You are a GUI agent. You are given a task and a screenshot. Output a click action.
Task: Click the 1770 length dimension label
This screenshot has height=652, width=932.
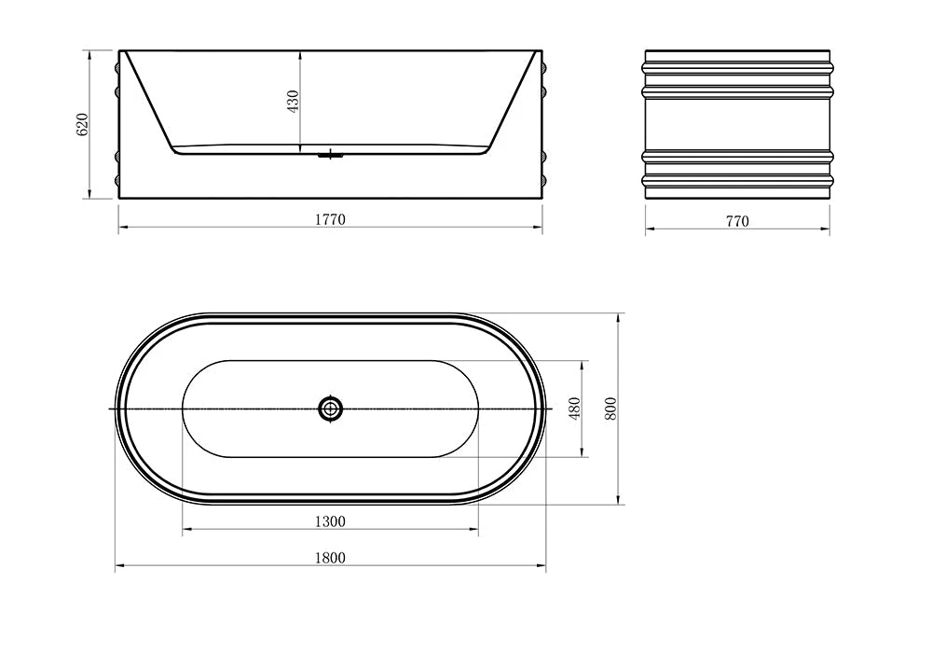click(330, 220)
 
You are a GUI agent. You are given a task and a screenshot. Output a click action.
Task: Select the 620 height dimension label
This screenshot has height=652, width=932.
click(81, 124)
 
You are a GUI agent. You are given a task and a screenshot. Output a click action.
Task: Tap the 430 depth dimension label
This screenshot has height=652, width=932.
click(292, 102)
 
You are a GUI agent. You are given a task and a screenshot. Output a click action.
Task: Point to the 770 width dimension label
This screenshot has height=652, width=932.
click(736, 221)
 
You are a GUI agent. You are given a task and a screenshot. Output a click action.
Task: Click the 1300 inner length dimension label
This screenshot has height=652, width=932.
click(330, 521)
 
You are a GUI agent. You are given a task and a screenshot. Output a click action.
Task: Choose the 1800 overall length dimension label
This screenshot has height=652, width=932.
click(330, 558)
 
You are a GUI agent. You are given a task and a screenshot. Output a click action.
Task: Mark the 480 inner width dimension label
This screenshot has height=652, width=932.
click(575, 409)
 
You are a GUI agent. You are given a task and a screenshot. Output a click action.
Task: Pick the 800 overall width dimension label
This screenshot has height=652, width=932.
click(611, 409)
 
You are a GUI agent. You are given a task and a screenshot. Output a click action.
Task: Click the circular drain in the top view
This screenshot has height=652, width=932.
click(330, 409)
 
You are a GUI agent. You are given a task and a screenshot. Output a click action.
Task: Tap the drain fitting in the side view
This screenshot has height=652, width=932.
click(329, 154)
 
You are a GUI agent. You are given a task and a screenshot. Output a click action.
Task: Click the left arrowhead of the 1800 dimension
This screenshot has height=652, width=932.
click(119, 566)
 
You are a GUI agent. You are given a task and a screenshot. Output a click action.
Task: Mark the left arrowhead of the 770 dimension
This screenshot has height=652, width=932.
click(650, 229)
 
